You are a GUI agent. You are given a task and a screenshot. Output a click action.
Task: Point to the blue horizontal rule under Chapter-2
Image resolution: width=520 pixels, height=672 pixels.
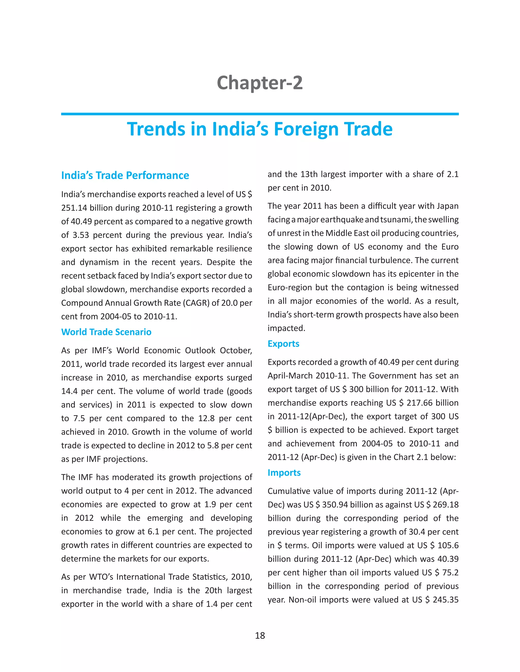tap(260, 114)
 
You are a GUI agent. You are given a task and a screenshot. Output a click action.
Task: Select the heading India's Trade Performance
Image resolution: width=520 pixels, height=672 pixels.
tap(125, 175)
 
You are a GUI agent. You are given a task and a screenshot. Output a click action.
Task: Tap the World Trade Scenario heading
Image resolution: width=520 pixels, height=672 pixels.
tap(106, 332)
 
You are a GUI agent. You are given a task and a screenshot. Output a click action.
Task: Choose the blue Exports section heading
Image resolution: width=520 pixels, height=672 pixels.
tap(283, 344)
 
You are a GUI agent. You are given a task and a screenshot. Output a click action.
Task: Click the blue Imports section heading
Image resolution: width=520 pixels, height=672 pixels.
tap(284, 473)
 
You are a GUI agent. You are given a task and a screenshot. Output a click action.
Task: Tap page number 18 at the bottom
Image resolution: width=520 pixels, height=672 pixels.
tap(260, 636)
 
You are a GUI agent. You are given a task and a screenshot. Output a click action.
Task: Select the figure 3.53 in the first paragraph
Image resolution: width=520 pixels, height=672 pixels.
tap(81, 235)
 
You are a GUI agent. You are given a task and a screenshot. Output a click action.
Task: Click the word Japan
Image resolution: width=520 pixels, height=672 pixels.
tap(446, 206)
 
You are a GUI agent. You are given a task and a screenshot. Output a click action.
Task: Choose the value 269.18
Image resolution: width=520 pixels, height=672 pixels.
tap(445, 505)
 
